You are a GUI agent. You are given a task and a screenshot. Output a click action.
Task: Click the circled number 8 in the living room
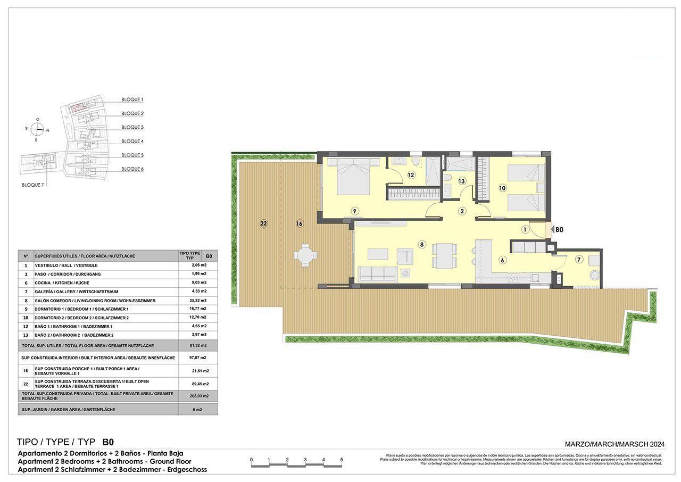pyautogui.click(x=422, y=245)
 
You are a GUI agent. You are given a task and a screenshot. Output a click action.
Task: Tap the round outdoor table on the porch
pyautogui.click(x=305, y=255)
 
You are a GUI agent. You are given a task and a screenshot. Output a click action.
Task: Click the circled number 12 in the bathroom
pyautogui.click(x=411, y=174)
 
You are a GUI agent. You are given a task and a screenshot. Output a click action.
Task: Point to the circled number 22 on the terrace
pyautogui.click(x=263, y=223)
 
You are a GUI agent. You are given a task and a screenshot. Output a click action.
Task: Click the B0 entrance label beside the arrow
pyautogui.click(x=559, y=230)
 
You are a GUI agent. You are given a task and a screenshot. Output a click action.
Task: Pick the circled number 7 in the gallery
pyautogui.click(x=579, y=259)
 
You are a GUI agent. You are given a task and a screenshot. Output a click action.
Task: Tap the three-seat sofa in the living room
pyautogui.click(x=377, y=273)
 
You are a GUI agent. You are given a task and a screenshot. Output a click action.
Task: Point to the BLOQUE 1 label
pyautogui.click(x=132, y=99)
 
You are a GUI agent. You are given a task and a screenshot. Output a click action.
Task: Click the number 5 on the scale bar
pyautogui.click(x=342, y=460)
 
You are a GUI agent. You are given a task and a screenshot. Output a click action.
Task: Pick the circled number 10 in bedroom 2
pyautogui.click(x=502, y=188)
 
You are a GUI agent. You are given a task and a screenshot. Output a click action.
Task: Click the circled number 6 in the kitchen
pyautogui.click(x=502, y=260)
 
